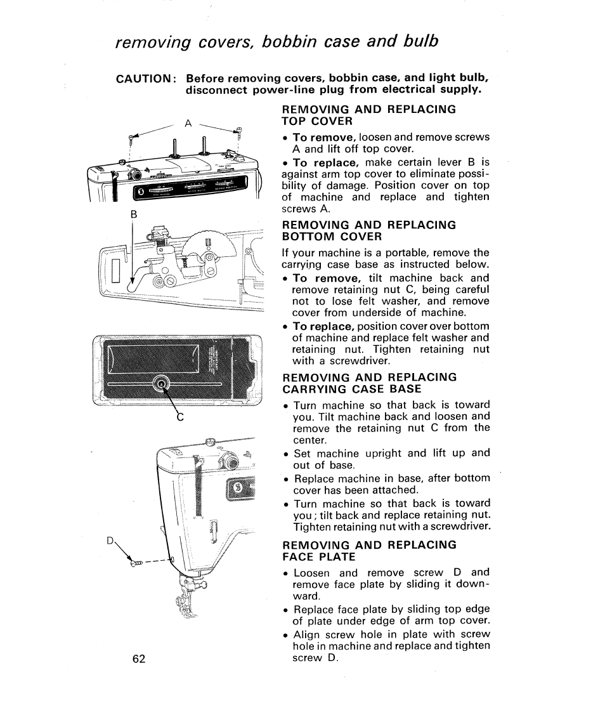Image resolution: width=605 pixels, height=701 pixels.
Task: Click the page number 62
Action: (x=140, y=658)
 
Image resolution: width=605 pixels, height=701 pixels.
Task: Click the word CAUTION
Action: (x=144, y=79)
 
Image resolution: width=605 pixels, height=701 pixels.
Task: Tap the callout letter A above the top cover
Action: (x=188, y=123)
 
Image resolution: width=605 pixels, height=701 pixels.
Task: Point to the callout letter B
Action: (x=133, y=214)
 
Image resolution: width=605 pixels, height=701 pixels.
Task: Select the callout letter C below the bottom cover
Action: (x=179, y=418)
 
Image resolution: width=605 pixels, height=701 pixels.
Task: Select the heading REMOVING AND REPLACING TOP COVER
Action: (x=368, y=115)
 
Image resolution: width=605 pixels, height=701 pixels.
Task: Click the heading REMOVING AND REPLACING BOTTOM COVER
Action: (x=368, y=230)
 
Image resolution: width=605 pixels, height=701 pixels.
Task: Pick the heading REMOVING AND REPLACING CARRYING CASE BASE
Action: (x=368, y=383)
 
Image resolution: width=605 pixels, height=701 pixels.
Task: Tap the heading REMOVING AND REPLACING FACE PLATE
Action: (x=368, y=551)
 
